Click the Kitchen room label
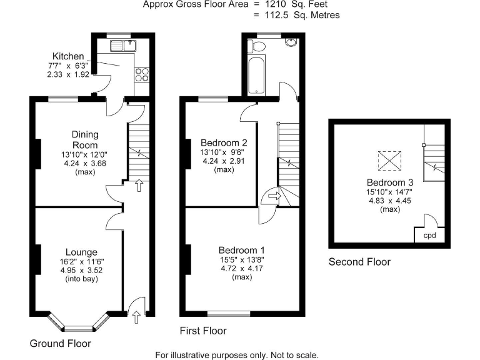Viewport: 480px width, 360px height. point(68,56)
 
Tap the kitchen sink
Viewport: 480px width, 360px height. point(124,45)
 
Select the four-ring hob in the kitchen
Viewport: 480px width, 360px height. point(141,74)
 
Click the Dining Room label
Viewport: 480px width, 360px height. point(85,139)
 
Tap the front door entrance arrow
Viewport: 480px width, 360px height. point(136,317)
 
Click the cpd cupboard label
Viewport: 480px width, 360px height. point(430,236)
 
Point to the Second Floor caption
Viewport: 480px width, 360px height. point(359,262)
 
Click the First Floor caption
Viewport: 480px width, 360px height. point(203,331)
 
